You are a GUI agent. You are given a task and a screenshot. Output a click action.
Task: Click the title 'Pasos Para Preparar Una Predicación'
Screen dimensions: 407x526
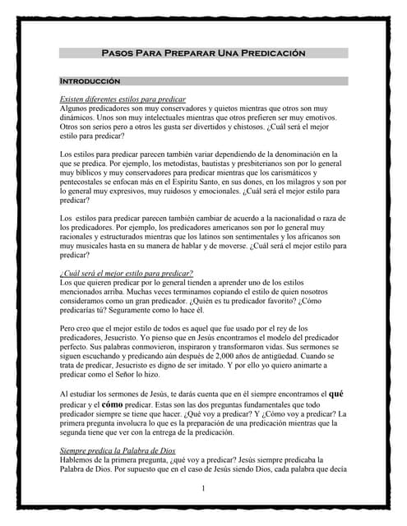click(x=203, y=53)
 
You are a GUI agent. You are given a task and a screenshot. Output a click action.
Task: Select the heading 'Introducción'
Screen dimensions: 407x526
click(x=90, y=81)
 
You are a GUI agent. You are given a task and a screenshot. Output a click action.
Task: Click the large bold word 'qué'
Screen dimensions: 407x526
click(x=336, y=394)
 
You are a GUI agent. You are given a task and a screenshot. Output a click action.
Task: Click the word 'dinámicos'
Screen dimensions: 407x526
click(x=81, y=117)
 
